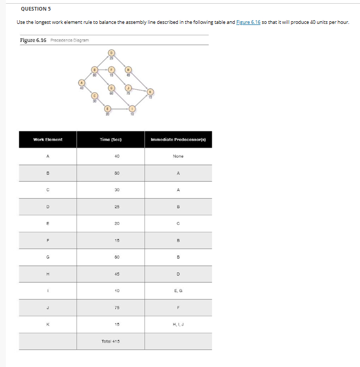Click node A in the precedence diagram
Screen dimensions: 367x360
(x=81, y=82)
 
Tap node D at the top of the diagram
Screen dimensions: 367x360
(x=111, y=52)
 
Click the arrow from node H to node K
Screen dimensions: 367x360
(x=139, y=80)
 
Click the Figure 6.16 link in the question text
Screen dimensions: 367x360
(x=248, y=22)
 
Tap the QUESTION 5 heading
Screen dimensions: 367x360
(x=36, y=8)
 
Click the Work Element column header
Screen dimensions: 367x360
(x=48, y=139)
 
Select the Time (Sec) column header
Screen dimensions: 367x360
(x=110, y=139)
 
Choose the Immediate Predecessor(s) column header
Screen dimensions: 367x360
(x=178, y=139)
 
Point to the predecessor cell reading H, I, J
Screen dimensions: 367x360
(x=178, y=325)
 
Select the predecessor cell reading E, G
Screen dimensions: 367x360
(x=178, y=291)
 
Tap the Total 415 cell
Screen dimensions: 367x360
(x=110, y=341)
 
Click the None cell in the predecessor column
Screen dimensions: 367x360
(x=178, y=156)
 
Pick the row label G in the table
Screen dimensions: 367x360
(x=48, y=257)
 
